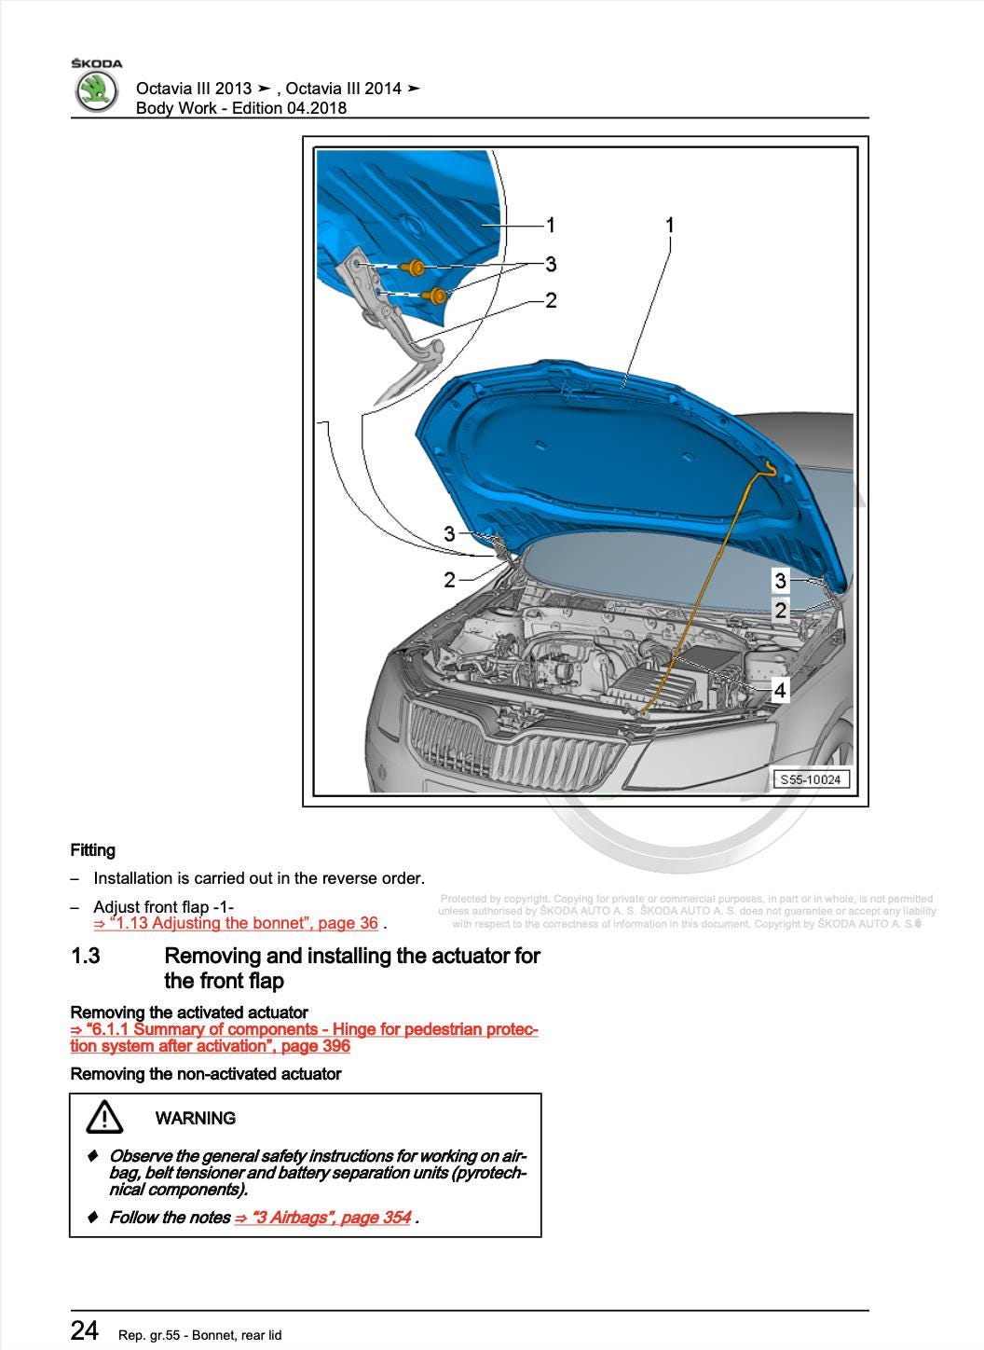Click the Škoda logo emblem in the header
(96, 91)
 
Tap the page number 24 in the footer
(84, 1330)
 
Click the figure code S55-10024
(811, 779)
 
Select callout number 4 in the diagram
(780, 690)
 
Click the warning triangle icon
(104, 1117)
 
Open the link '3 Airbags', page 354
(322, 1218)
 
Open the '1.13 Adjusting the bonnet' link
(236, 923)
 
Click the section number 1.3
(86, 956)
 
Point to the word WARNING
(196, 1118)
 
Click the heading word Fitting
(93, 850)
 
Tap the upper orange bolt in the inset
(413, 266)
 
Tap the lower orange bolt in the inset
(434, 296)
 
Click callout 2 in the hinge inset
(551, 300)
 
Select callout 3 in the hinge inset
(551, 264)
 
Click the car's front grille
(515, 742)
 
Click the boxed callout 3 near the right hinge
(781, 581)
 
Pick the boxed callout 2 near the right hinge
(781, 610)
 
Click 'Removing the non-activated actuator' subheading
(206, 1074)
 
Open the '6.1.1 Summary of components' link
(304, 1038)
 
